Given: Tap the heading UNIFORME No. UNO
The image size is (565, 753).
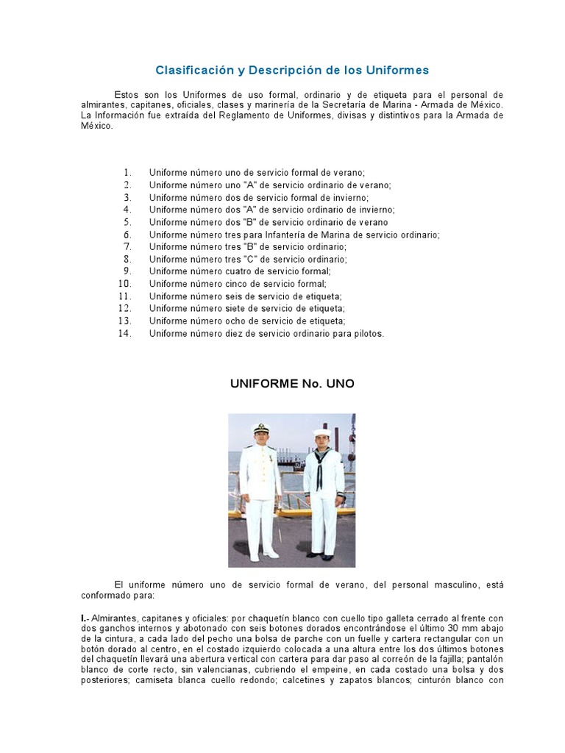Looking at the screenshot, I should [x=292, y=384].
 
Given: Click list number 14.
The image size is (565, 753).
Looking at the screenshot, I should [x=125, y=333].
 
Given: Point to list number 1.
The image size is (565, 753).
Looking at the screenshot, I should [x=127, y=172].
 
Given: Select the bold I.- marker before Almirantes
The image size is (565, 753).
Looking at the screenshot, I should [x=85, y=618].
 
